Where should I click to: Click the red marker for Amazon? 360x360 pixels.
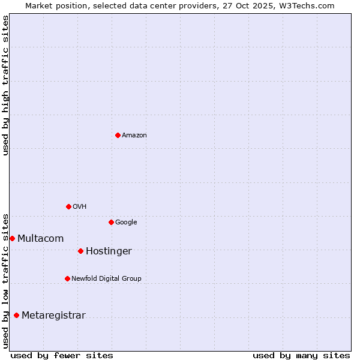[x=118, y=135]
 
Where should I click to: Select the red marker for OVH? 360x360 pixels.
[x=68, y=206]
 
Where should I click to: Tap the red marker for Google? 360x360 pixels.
[x=111, y=222]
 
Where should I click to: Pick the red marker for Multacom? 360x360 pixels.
[x=12, y=238]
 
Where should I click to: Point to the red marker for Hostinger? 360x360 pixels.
[x=80, y=251]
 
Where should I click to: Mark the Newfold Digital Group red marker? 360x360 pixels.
[x=67, y=278]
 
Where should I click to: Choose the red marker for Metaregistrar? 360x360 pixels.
[x=16, y=315]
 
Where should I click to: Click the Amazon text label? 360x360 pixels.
[x=134, y=136]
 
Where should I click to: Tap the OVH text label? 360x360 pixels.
[x=80, y=207]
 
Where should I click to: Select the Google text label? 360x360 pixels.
[x=126, y=223]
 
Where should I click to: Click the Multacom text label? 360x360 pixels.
[x=40, y=239]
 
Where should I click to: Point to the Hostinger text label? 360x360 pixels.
[x=109, y=251]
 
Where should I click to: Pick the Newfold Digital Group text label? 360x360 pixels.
[x=106, y=279]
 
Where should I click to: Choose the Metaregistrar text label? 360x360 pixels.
[x=53, y=316]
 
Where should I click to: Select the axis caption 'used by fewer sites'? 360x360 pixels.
[x=62, y=355]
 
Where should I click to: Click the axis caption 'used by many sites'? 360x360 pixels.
[x=301, y=355]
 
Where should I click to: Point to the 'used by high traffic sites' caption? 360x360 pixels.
[x=5, y=85]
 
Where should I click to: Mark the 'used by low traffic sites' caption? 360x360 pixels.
[x=5, y=281]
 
